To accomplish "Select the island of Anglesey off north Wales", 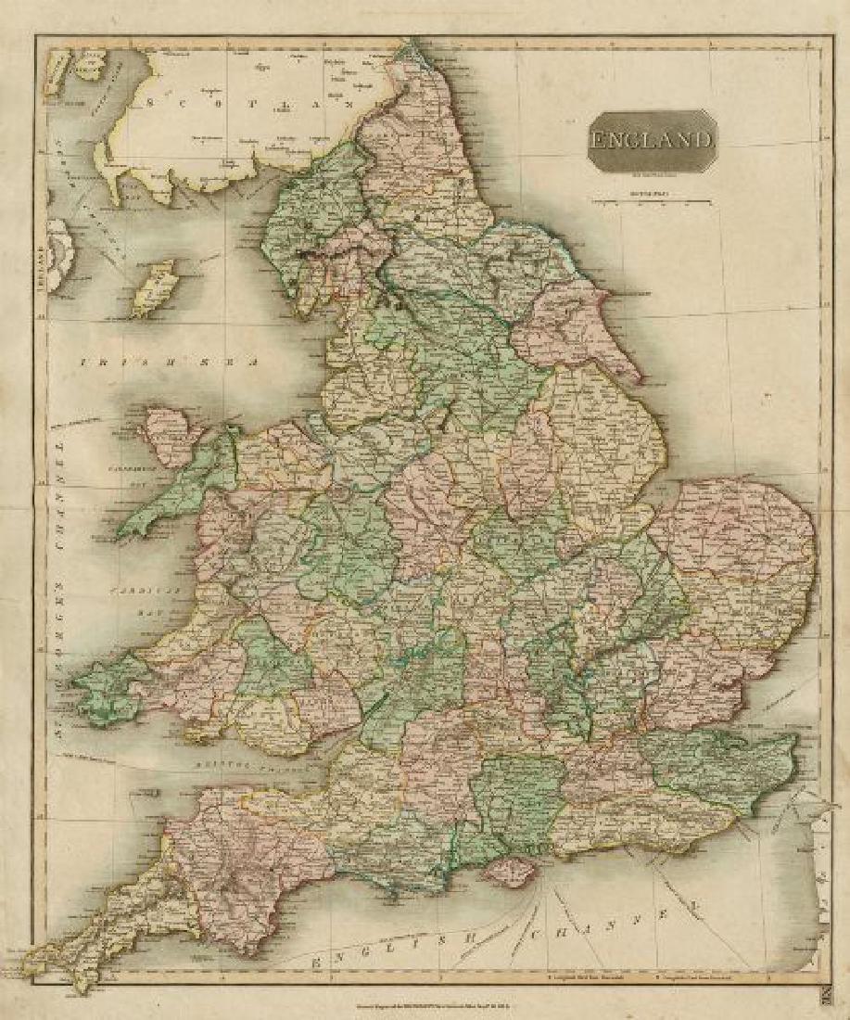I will pos(168,434).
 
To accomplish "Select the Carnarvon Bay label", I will pos(95,475).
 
